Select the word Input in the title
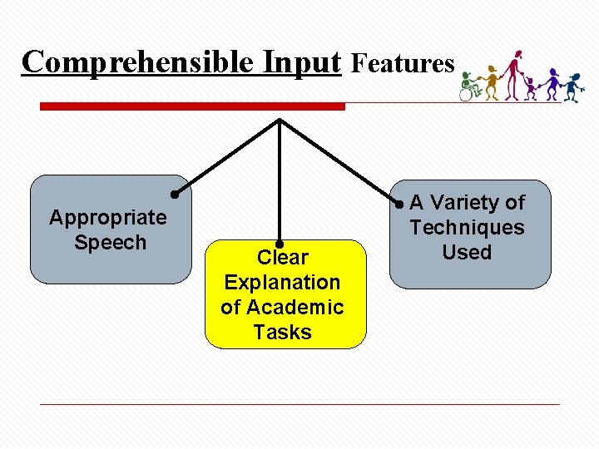(x=302, y=62)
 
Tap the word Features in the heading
(x=403, y=63)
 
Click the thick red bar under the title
(x=192, y=106)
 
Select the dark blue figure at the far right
(x=572, y=86)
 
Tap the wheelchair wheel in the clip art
(x=467, y=94)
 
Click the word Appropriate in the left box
(x=108, y=218)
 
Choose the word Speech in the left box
(x=110, y=243)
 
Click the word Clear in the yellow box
(x=283, y=258)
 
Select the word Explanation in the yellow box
(x=282, y=283)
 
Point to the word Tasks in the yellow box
(x=282, y=333)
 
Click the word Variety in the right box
(x=466, y=203)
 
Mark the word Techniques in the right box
(x=467, y=228)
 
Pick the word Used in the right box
(x=467, y=253)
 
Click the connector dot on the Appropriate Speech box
(x=175, y=195)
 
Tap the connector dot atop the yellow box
(x=280, y=244)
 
